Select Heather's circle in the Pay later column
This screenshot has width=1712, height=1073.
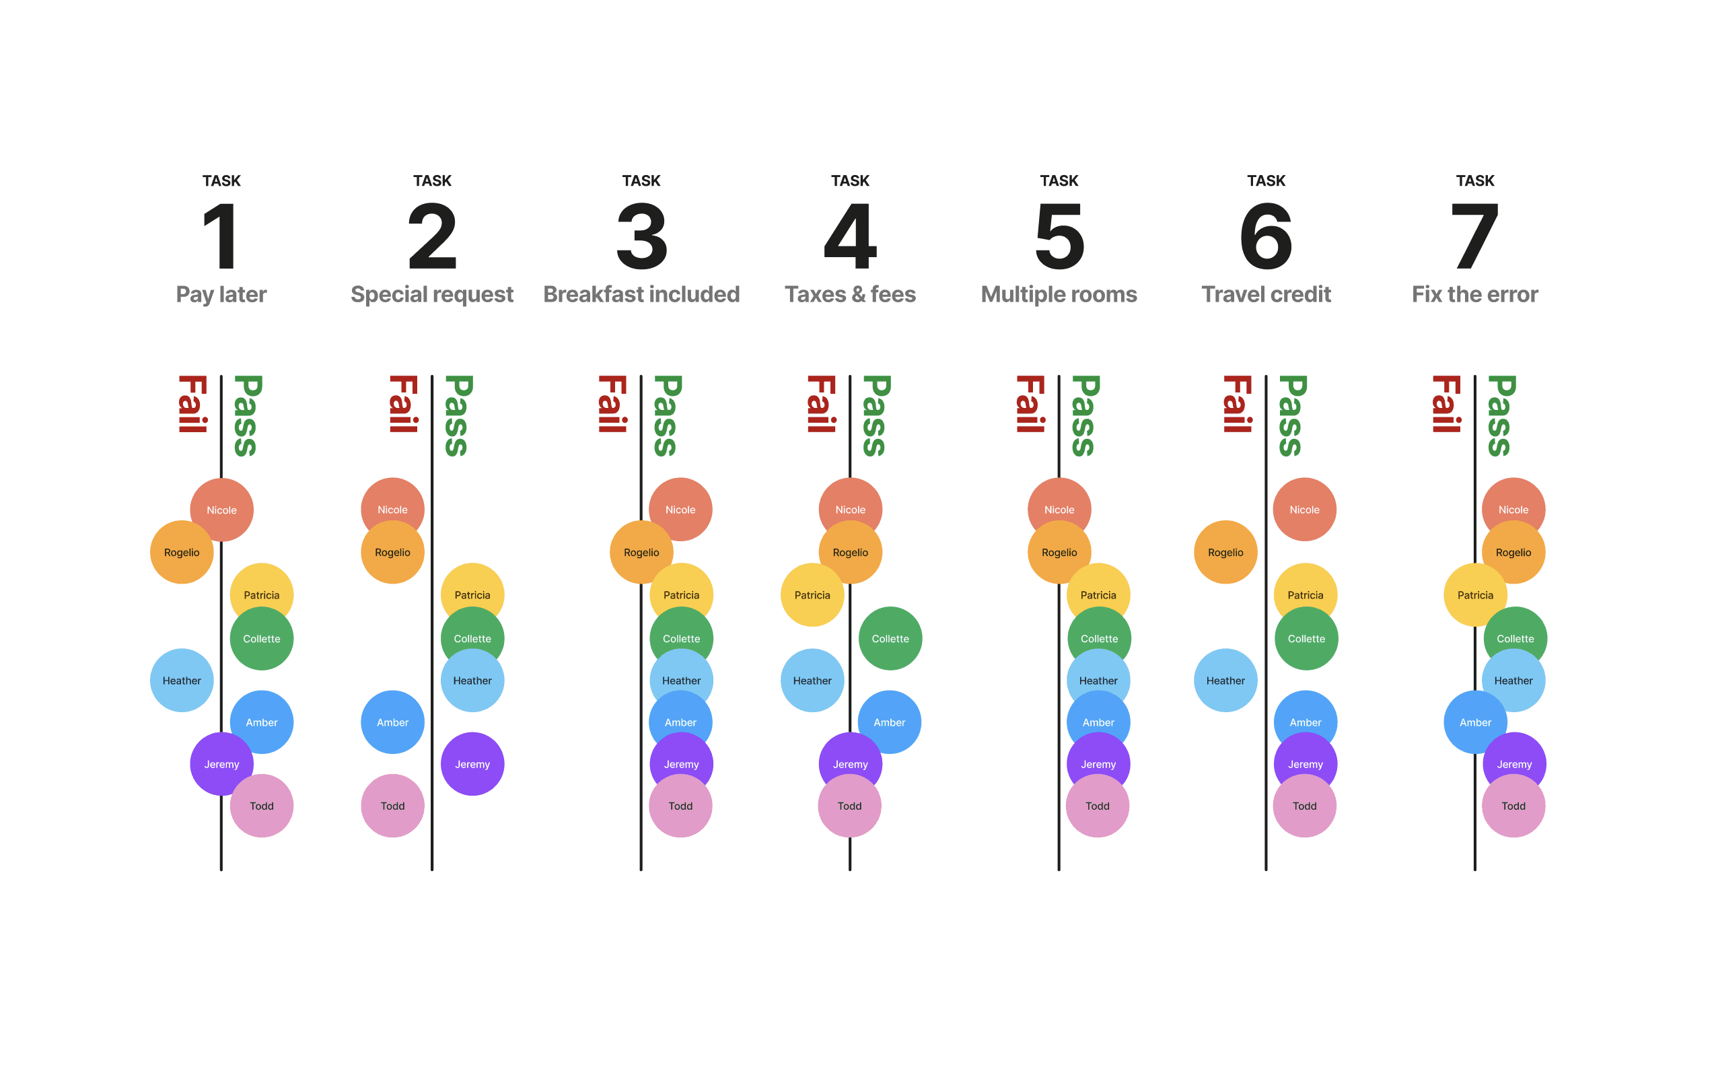[x=182, y=680]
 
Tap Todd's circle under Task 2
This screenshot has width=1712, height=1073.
[x=392, y=806]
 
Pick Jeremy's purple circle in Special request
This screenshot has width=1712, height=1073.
[x=472, y=763]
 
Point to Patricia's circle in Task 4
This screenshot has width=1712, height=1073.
[x=812, y=594]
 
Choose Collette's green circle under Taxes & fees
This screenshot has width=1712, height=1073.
[x=890, y=638]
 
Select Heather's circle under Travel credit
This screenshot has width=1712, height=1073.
[x=1225, y=680]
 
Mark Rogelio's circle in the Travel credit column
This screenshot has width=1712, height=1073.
[x=1225, y=552]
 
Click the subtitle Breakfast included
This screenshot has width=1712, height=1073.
[x=641, y=293]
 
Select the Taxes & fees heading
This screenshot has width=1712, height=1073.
[x=850, y=293]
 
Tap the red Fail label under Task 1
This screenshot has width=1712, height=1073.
[x=192, y=404]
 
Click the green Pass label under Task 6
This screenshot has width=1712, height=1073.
[x=1292, y=416]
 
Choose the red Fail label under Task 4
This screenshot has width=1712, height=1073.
[x=821, y=404]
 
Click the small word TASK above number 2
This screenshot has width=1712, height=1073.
[x=432, y=180]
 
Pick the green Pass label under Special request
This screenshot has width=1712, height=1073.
[x=458, y=416]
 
